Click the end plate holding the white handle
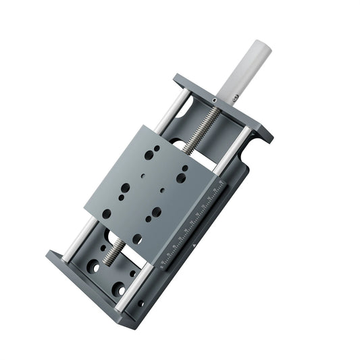(223, 108)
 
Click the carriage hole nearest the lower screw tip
(137, 238)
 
